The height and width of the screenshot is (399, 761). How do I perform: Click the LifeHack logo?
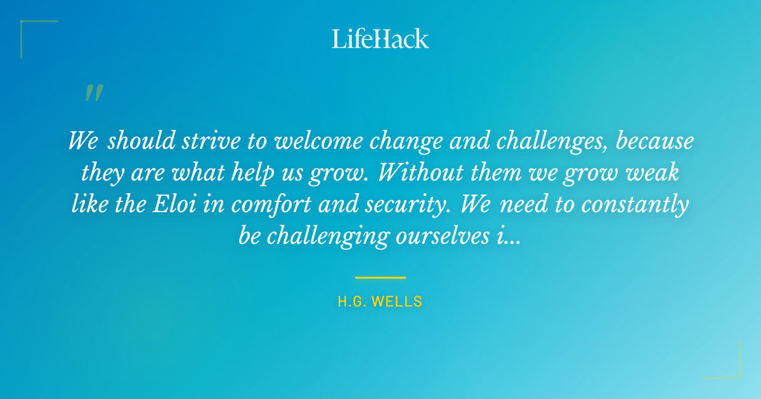[x=380, y=39]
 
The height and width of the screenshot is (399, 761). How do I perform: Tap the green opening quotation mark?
[x=93, y=93]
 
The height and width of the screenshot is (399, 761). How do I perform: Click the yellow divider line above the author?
[x=380, y=277]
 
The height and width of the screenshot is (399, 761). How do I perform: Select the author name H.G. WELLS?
[x=380, y=301]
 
